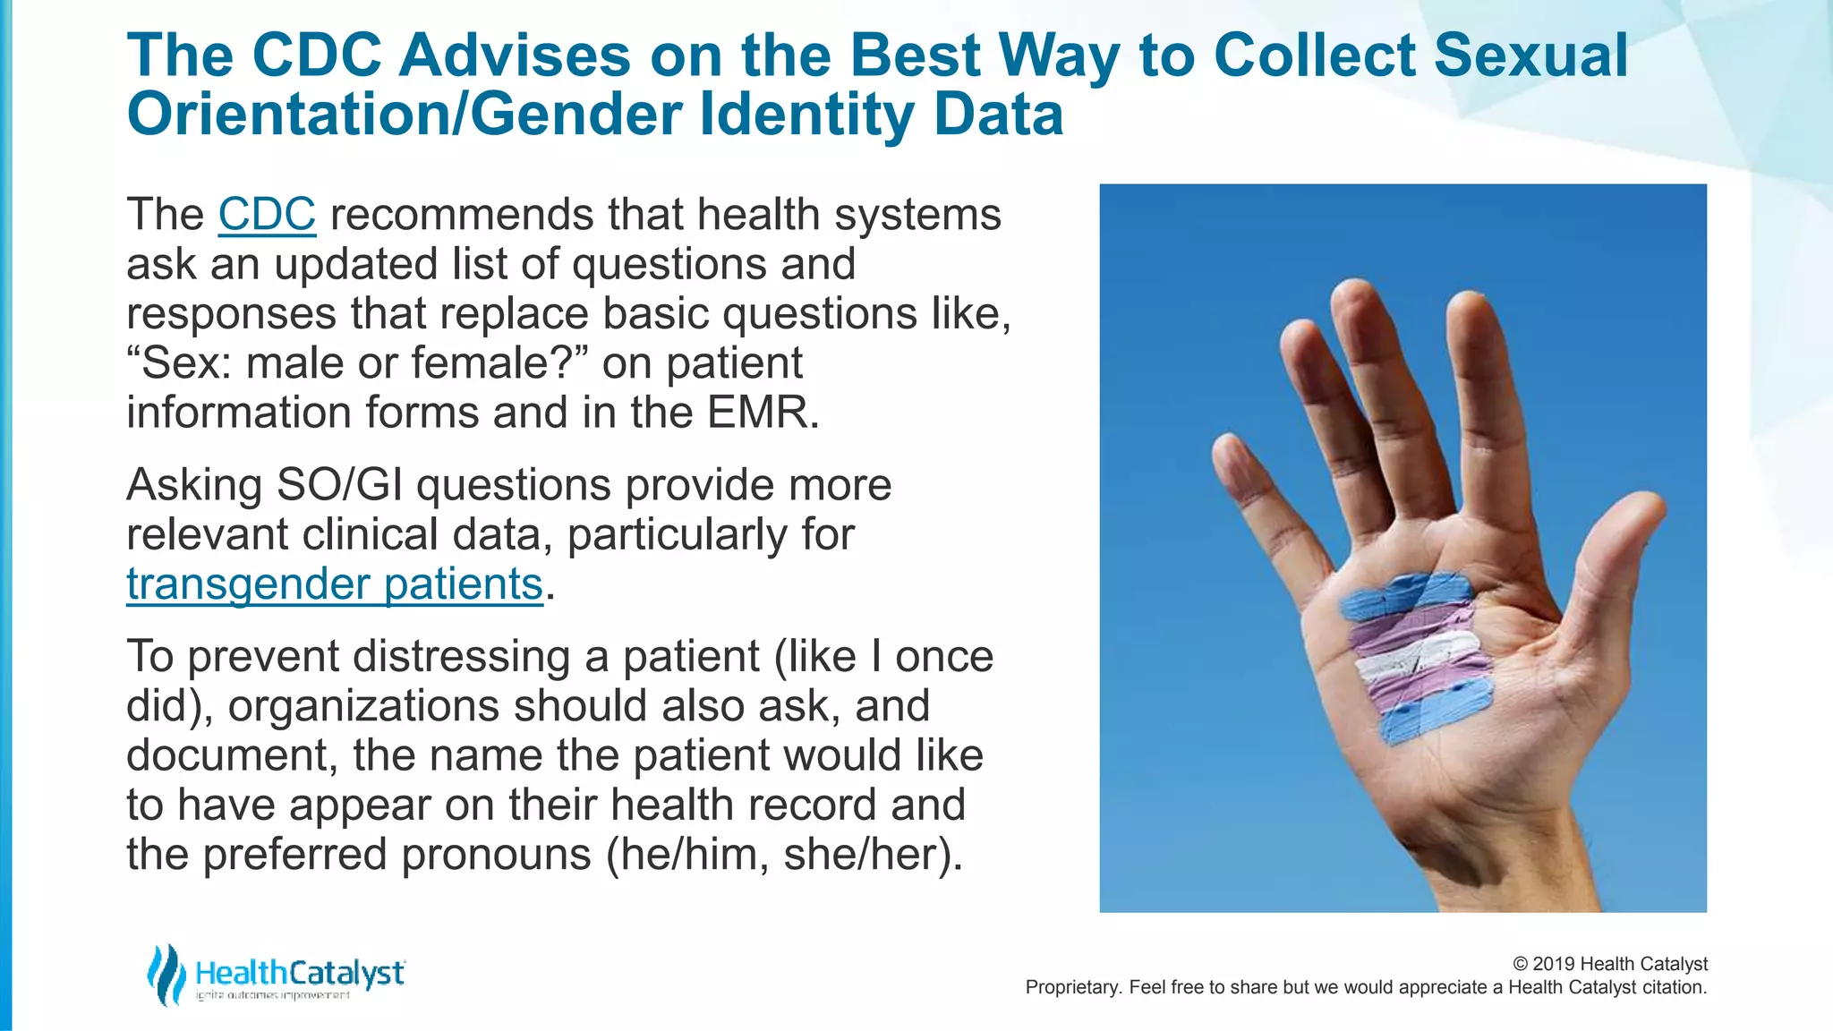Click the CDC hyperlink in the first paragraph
pyautogui.click(x=267, y=215)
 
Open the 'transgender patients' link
pyautogui.click(x=334, y=584)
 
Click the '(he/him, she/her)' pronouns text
pyautogui.click(x=784, y=854)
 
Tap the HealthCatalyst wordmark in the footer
pyautogui.click(x=300, y=973)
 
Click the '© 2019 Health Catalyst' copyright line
pyautogui.click(x=1609, y=964)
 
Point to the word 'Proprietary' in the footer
pyautogui.click(x=1070, y=988)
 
